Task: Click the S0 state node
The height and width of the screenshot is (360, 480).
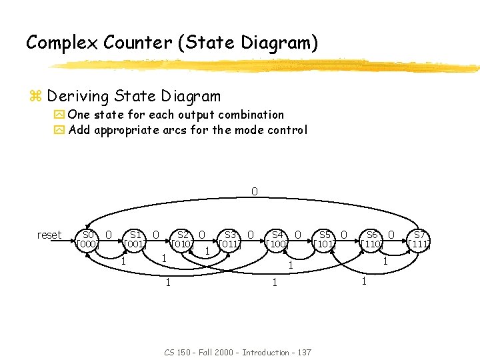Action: pos(88,239)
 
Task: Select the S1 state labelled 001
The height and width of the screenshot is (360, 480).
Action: pos(135,239)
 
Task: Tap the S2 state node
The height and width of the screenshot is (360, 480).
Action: pos(183,239)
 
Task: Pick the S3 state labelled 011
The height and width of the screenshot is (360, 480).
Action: pos(230,239)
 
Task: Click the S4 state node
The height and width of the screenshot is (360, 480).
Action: pos(277,239)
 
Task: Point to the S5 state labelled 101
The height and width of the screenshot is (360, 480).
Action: pos(325,239)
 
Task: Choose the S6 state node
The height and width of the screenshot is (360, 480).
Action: pos(372,239)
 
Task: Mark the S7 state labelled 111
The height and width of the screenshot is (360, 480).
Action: pos(419,239)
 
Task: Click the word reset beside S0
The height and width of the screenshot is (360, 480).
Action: pos(49,235)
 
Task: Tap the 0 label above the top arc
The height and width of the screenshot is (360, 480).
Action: pos(254,192)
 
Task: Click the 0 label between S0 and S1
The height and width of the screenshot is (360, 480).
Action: pos(109,234)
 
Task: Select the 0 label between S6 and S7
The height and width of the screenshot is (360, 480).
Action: pos(392,234)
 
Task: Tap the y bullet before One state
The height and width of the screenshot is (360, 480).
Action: pos(59,115)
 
